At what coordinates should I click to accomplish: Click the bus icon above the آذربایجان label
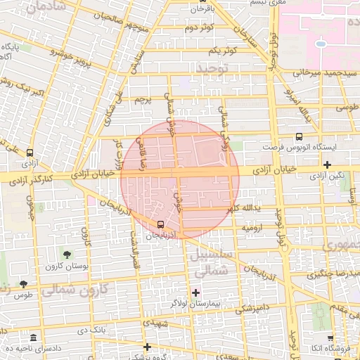161,225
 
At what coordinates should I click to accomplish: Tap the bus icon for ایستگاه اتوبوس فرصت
300,137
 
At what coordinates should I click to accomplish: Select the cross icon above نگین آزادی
327,164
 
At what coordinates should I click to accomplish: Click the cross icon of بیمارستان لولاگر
195,292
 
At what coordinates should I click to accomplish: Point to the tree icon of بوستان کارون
67,255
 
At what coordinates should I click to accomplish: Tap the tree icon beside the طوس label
23,285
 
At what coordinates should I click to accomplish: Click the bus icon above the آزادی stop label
30,153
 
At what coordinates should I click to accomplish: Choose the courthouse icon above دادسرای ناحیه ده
34,337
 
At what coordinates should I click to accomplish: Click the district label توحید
213,69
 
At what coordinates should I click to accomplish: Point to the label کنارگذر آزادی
35,181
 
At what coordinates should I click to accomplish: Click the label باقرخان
197,9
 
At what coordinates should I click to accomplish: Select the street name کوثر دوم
199,28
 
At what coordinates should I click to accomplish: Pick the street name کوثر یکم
221,51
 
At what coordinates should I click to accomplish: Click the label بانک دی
91,329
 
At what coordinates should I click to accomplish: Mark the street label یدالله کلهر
246,209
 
